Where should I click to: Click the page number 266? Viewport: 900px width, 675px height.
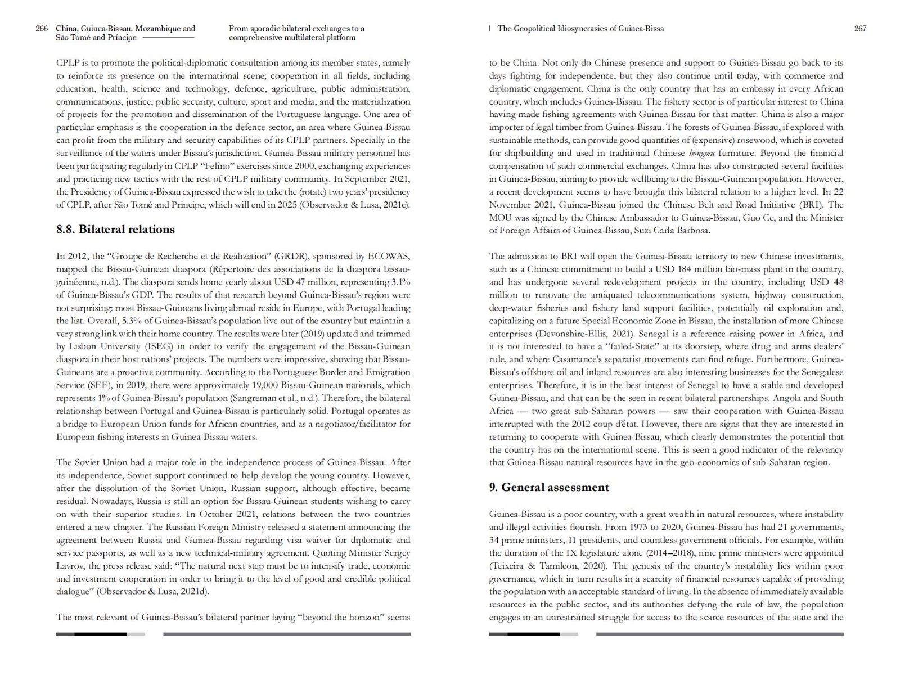pyautogui.click(x=42, y=29)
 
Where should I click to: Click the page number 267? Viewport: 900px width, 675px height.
pyautogui.click(x=860, y=29)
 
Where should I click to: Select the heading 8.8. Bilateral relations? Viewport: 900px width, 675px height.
pyautogui.click(x=115, y=229)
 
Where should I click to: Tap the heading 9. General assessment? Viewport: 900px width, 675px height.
pyautogui.click(x=549, y=487)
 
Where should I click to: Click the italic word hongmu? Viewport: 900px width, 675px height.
pyautogui.click(x=701, y=153)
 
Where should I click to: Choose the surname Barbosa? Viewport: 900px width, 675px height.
pyautogui.click(x=693, y=230)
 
